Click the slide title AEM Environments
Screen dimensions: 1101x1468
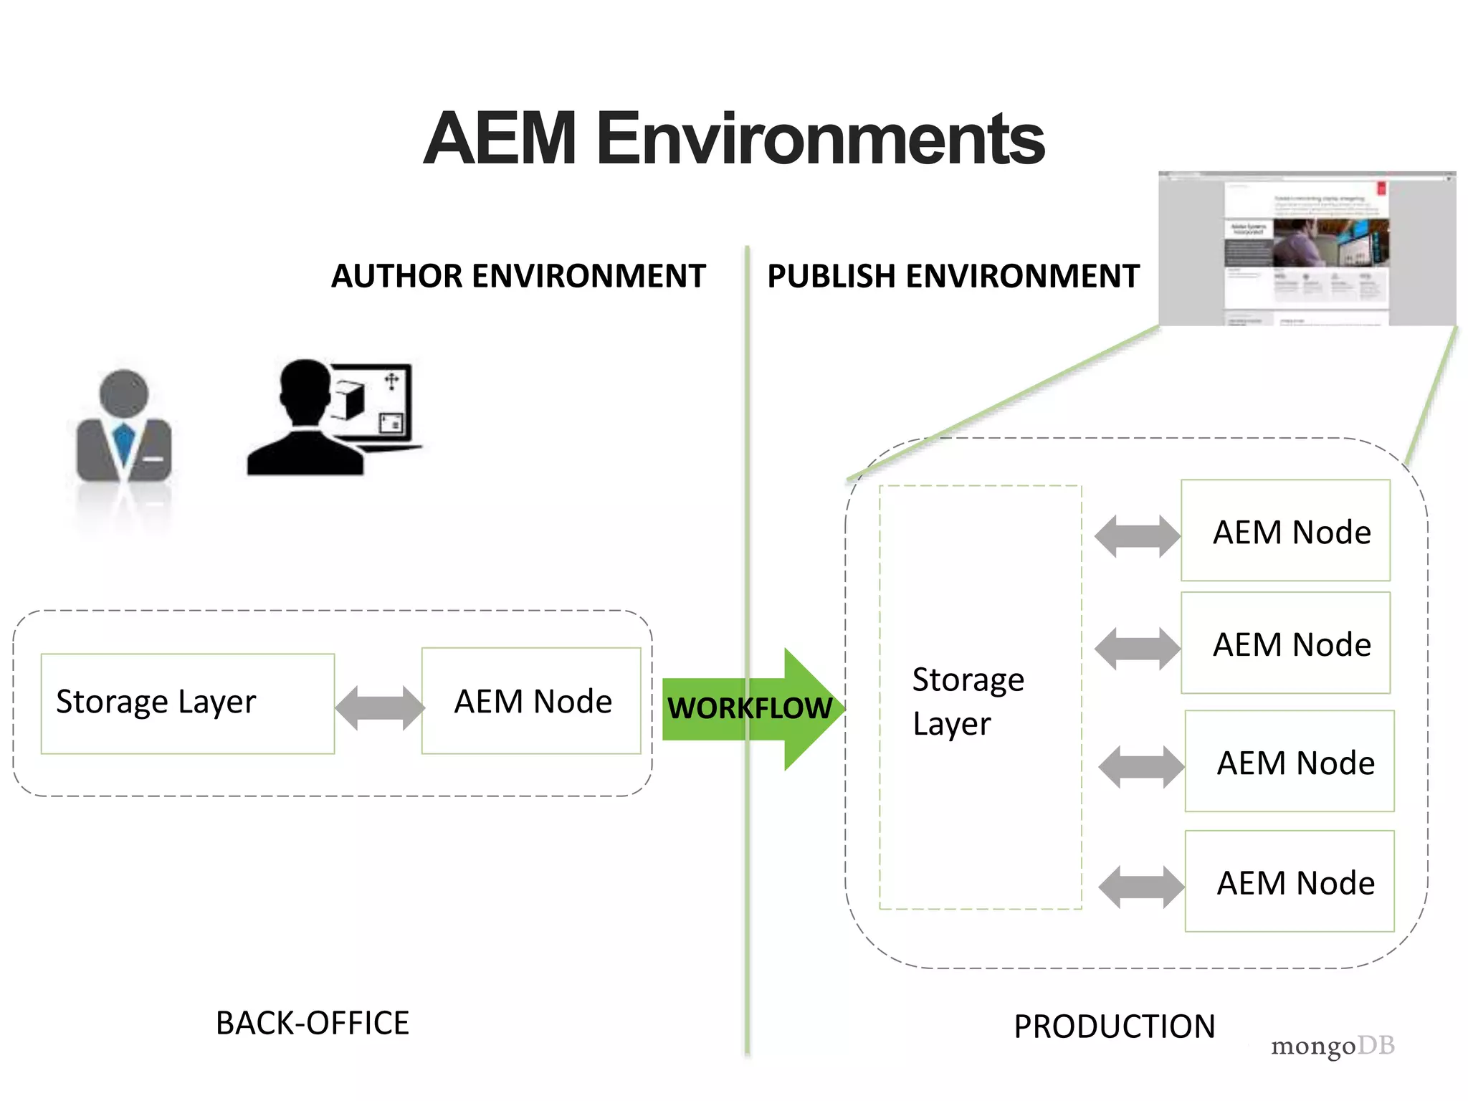point(733,138)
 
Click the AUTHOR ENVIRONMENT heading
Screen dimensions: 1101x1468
point(518,277)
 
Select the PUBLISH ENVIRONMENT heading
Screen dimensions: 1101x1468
point(953,277)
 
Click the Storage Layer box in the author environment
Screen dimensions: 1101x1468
point(187,703)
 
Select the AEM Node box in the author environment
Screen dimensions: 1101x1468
point(531,701)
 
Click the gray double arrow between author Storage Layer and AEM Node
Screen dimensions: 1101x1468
point(379,707)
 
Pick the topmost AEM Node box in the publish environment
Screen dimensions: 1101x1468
point(1285,530)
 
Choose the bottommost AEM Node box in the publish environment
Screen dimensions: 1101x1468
point(1290,881)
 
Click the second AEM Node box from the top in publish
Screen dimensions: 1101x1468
point(1285,643)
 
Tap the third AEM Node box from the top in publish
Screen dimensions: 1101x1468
point(1290,761)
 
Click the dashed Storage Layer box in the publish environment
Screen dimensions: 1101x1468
point(980,697)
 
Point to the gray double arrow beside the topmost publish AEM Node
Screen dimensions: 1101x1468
point(1137,535)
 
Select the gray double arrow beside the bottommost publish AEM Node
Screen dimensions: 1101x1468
point(1141,887)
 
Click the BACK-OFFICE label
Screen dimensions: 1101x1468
point(313,1023)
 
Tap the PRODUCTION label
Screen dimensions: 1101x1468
point(1114,1026)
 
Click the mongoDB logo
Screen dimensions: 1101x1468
point(1333,1046)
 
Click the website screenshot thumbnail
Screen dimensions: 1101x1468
point(1307,249)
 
